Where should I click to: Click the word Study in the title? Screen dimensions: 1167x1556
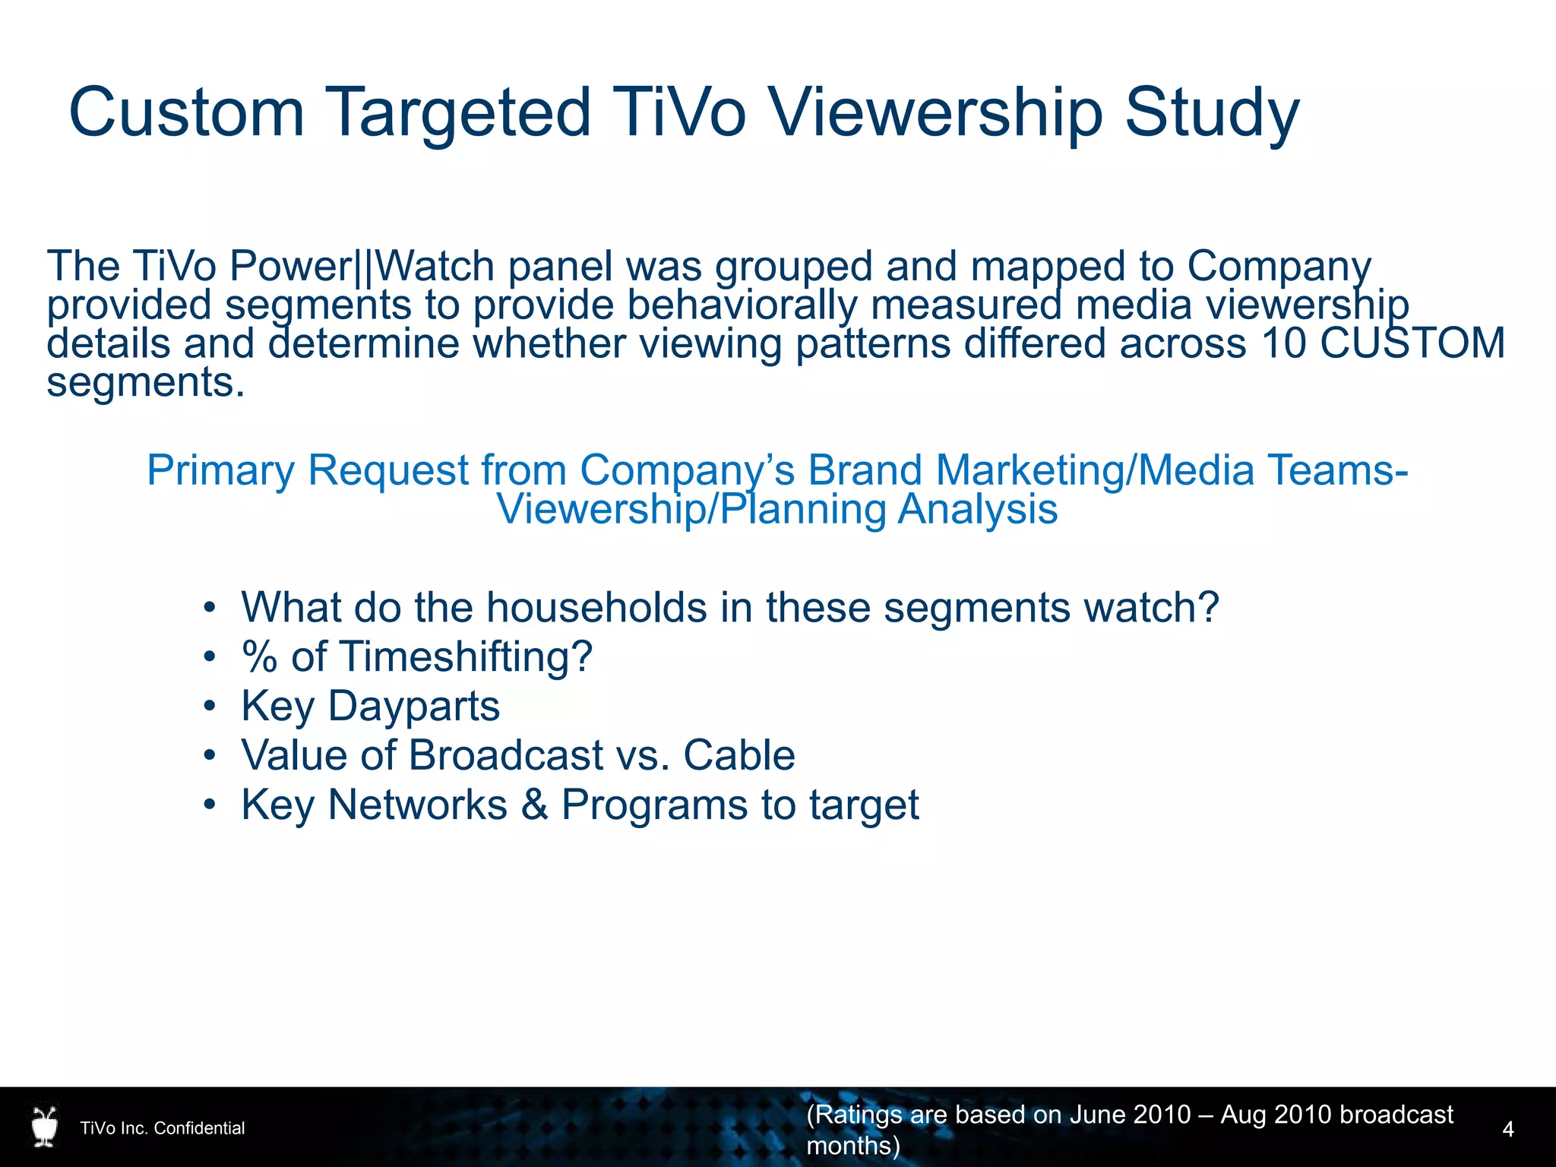pos(1211,114)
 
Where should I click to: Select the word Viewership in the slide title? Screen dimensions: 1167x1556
pos(935,114)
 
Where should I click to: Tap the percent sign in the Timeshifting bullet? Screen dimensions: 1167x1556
pos(259,657)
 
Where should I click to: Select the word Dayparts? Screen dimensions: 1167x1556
pos(413,707)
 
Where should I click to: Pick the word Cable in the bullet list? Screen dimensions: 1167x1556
pos(738,755)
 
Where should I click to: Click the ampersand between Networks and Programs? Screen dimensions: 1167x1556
pos(534,805)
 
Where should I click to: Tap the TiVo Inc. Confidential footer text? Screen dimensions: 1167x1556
pos(163,1128)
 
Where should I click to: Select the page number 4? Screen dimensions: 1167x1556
pos(1508,1129)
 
